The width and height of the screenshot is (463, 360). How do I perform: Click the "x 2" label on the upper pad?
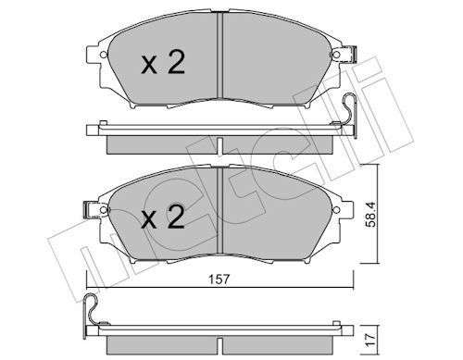click(x=163, y=64)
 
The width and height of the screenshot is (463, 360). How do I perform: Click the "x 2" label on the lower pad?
click(x=163, y=218)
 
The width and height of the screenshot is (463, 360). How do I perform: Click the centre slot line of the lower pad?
click(x=220, y=210)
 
